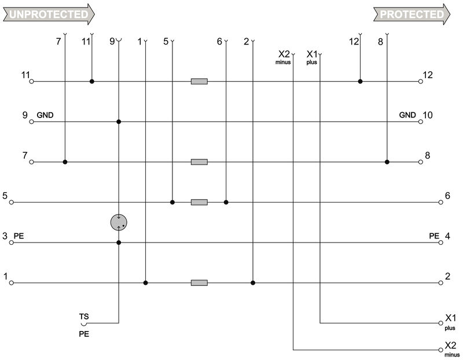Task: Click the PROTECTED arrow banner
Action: (411, 14)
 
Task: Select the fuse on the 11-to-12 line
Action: (199, 82)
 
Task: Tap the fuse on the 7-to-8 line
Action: (199, 162)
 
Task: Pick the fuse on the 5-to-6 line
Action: (199, 203)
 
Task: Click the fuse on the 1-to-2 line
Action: (199, 283)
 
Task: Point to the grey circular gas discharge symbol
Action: (119, 222)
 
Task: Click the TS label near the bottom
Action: (84, 317)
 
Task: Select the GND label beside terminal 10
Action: (407, 115)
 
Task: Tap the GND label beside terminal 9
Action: (45, 115)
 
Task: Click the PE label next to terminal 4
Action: (434, 236)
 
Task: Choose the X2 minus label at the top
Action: (284, 56)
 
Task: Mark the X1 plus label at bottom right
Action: (451, 320)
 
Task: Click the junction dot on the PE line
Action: (119, 243)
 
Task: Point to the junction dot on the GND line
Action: (119, 122)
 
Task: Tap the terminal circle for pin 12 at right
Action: (421, 82)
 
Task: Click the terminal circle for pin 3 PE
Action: (10, 243)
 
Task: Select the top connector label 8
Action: (380, 41)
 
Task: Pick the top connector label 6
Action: (219, 41)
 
